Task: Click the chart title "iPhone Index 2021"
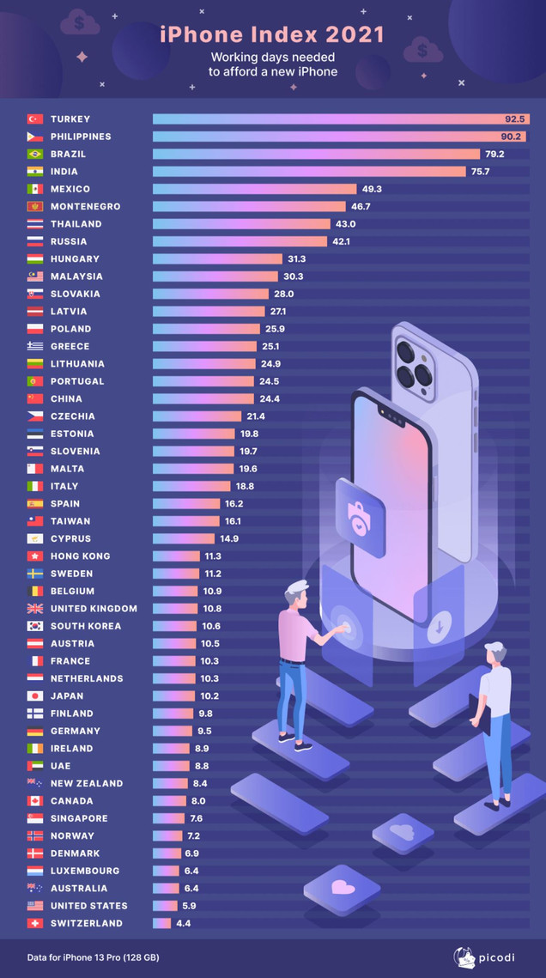(x=272, y=34)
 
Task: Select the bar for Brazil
(x=316, y=155)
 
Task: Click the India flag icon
(x=35, y=172)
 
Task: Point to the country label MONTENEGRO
(x=85, y=207)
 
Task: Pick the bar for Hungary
(x=217, y=259)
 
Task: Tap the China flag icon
(x=35, y=399)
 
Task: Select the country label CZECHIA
(x=73, y=416)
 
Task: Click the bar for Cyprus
(x=184, y=539)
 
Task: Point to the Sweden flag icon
(x=35, y=574)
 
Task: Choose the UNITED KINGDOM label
(x=94, y=609)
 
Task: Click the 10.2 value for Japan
(x=209, y=696)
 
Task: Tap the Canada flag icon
(x=35, y=801)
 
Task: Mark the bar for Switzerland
(x=161, y=924)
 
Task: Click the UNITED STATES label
(x=88, y=906)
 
